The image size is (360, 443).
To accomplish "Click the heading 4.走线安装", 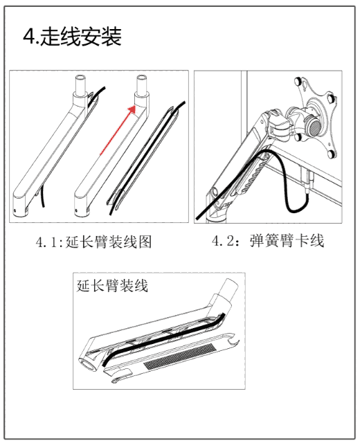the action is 72,37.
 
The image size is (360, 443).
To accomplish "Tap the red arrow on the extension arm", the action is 118,131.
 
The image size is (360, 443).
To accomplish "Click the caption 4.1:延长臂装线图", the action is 94,242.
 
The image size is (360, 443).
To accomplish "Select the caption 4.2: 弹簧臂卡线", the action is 268,241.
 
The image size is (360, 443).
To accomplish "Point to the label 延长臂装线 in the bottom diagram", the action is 112,286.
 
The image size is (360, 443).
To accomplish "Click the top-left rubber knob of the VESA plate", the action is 298,82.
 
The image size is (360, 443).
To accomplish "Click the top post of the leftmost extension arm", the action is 80,84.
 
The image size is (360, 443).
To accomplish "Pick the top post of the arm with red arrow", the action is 141,84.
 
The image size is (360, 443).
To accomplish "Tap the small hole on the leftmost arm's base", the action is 15,210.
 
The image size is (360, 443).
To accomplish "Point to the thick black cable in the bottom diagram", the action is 164,336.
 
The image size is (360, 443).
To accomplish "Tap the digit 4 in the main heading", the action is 28,37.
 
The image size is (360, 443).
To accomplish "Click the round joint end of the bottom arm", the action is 89,364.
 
